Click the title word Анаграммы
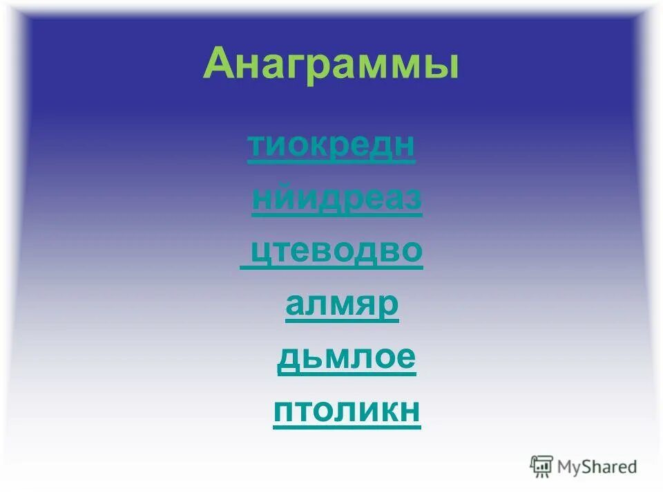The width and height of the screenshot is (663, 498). [331, 66]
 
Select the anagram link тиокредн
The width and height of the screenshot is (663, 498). [331, 146]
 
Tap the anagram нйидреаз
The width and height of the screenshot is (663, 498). [337, 199]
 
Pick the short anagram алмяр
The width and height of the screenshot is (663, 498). [342, 305]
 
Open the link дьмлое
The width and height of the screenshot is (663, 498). [347, 358]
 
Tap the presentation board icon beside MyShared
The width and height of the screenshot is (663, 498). [541, 466]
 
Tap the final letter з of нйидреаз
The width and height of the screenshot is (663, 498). [413, 199]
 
